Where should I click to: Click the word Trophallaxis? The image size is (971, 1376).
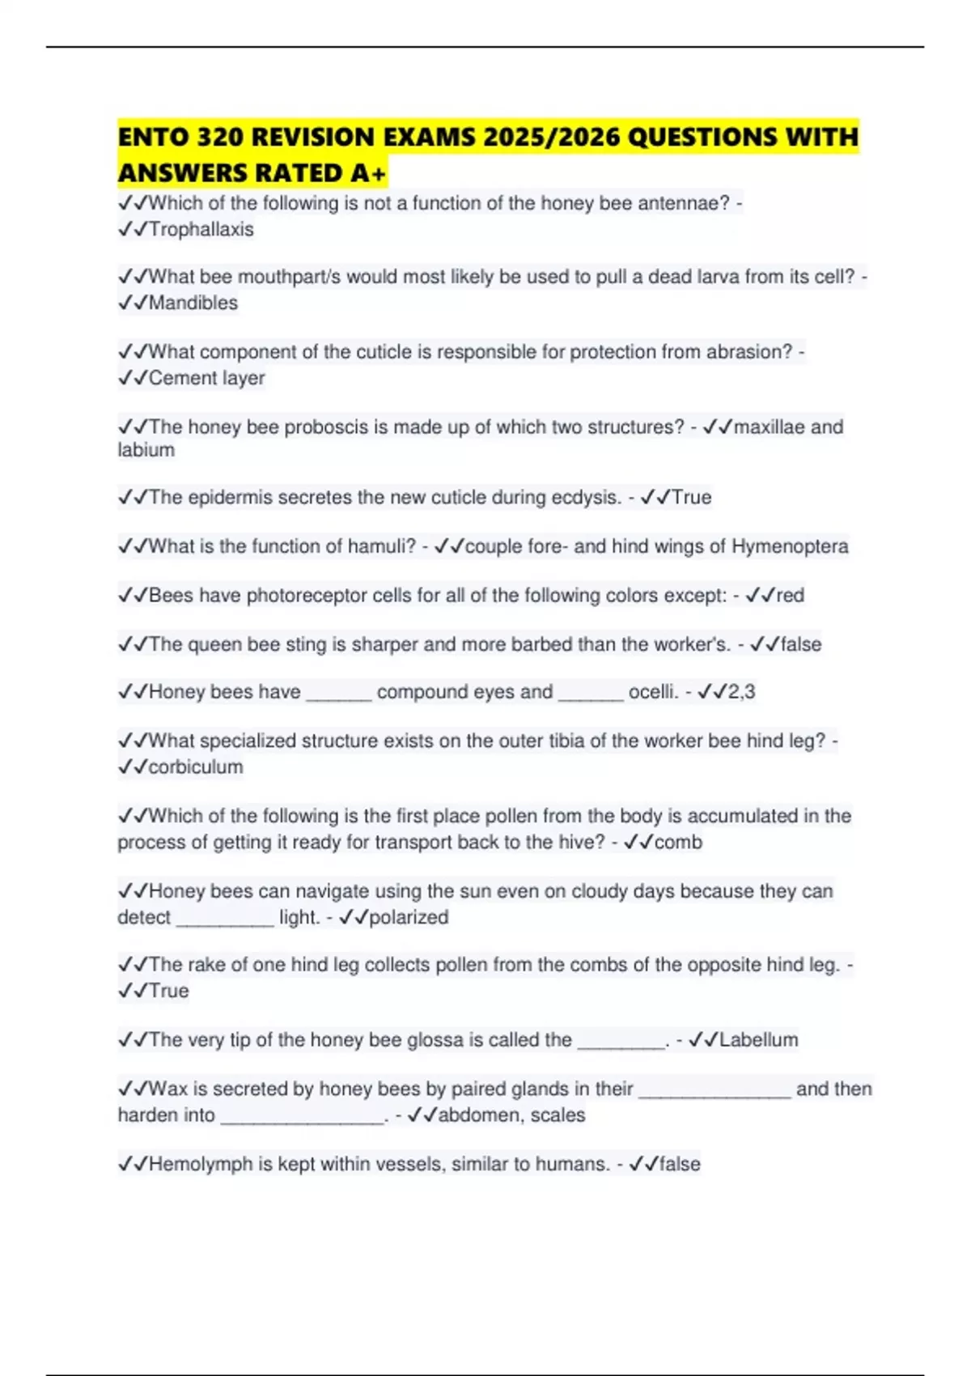(201, 229)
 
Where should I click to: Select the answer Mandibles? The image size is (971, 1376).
(193, 303)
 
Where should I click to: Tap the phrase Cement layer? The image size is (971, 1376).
(206, 378)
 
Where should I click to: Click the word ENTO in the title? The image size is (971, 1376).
(149, 138)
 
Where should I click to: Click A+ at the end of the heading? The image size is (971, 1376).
(368, 173)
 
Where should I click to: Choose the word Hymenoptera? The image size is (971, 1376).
(790, 546)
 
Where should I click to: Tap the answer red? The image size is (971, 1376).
(790, 596)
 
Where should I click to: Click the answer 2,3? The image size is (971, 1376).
(741, 692)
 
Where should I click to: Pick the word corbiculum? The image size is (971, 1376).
(196, 767)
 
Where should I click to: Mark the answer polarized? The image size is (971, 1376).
(409, 917)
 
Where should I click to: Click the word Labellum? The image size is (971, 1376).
(758, 1040)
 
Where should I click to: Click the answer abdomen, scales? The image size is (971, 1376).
(511, 1115)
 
